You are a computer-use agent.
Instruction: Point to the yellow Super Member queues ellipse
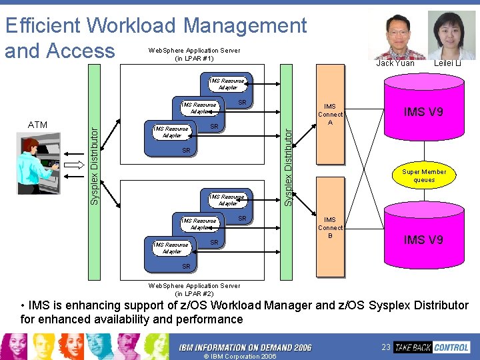click(424, 176)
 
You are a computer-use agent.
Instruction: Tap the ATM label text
click(38, 125)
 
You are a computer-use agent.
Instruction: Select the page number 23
click(385, 347)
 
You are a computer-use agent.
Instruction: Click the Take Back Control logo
click(432, 347)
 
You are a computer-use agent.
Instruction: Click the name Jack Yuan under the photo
click(395, 63)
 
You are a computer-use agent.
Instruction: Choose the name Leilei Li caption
click(447, 63)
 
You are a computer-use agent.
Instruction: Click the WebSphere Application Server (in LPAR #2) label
click(194, 289)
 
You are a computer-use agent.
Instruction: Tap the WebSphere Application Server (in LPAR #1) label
click(194, 54)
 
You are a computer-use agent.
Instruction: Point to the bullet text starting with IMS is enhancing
click(244, 312)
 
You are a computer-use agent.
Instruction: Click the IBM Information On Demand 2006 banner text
click(245, 347)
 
